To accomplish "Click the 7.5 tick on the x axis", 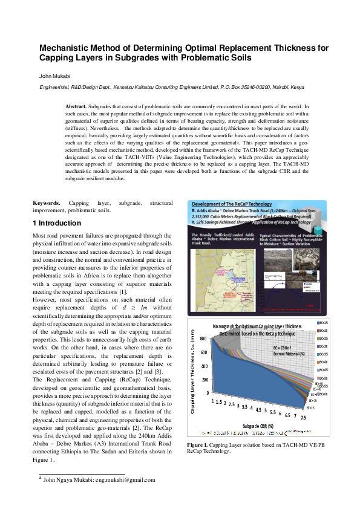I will (303, 417).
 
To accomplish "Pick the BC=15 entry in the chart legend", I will (322, 323).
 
